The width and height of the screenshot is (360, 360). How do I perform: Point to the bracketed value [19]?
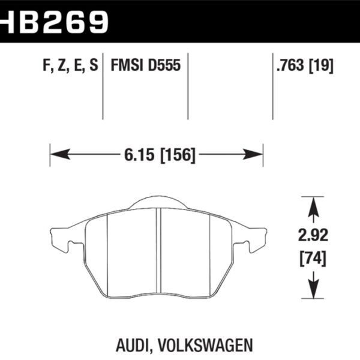pos(321,64)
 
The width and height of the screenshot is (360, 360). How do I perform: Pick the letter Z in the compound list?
pos(61,64)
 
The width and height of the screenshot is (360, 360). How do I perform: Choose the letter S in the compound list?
pos(93,64)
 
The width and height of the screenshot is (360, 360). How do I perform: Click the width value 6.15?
pos(136,155)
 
